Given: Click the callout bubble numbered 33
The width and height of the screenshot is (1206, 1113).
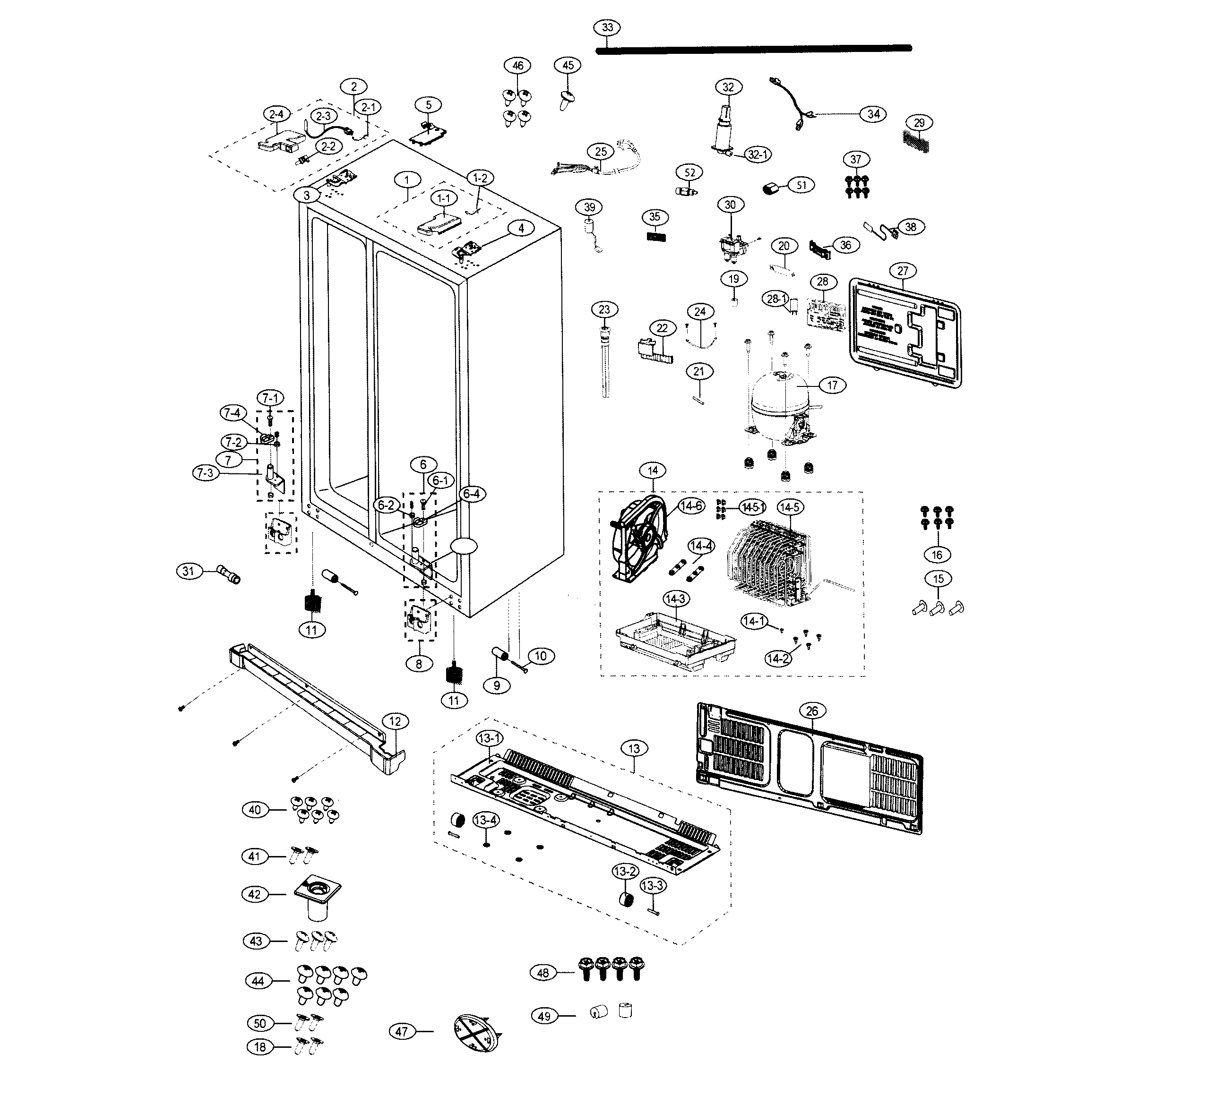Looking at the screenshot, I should [607, 27].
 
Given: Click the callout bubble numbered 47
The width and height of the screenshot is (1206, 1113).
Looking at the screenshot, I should [402, 1032].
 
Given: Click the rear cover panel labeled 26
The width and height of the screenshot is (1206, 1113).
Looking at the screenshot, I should [807, 768].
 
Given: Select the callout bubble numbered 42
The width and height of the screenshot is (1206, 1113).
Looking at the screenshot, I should [255, 894].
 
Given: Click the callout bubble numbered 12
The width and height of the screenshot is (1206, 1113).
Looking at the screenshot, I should [395, 721].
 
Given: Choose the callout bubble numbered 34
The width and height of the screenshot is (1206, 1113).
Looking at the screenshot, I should [873, 114].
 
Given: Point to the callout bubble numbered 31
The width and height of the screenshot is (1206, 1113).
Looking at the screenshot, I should [189, 570].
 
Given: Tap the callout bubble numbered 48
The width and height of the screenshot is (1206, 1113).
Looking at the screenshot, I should [543, 973].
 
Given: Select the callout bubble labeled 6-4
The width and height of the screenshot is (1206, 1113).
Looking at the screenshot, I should [472, 494].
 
